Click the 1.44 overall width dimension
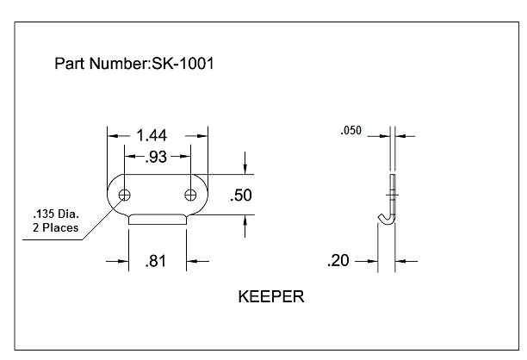point(152,134)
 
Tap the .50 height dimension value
point(241,196)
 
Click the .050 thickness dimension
point(350,131)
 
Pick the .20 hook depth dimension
point(341,260)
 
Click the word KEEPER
point(270,298)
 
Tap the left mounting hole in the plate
point(126,194)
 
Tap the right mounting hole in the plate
point(190,194)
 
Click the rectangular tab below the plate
point(158,220)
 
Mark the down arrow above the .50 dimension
point(246,166)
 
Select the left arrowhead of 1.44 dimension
point(112,134)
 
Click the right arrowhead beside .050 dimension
point(402,135)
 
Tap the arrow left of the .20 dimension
point(373,260)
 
